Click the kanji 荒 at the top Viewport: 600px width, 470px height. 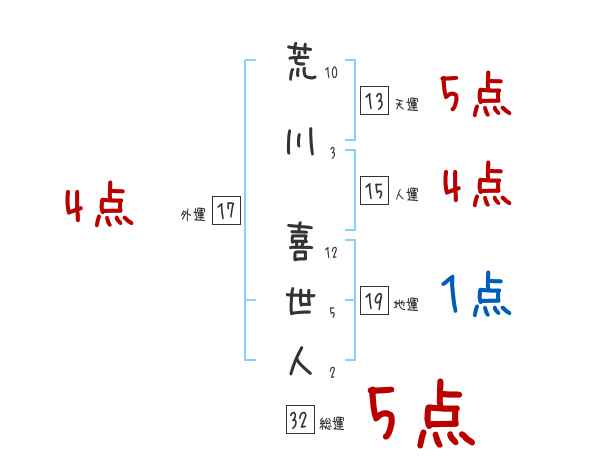[302, 62]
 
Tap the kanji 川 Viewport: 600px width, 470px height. [300, 142]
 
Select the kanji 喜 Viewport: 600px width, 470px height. [301, 242]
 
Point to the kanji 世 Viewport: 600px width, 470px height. [300, 302]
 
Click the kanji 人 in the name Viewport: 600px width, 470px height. [301, 361]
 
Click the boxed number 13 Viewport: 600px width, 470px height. [374, 100]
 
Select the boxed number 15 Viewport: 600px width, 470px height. [374, 190]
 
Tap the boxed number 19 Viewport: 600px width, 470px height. [374, 300]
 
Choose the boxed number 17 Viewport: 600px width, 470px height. [226, 210]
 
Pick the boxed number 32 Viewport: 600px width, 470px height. [300, 419]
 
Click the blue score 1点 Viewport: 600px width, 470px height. [476, 294]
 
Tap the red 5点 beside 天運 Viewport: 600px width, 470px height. [476, 94]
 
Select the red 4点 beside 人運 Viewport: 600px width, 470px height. [477, 184]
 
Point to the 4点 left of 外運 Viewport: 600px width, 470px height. [99, 204]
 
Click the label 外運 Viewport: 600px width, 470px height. [193, 215]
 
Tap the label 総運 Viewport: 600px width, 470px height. [332, 424]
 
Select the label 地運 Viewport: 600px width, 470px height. [406, 305]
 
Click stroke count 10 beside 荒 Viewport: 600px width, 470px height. [331, 73]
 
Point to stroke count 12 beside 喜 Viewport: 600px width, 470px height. [331, 253]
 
